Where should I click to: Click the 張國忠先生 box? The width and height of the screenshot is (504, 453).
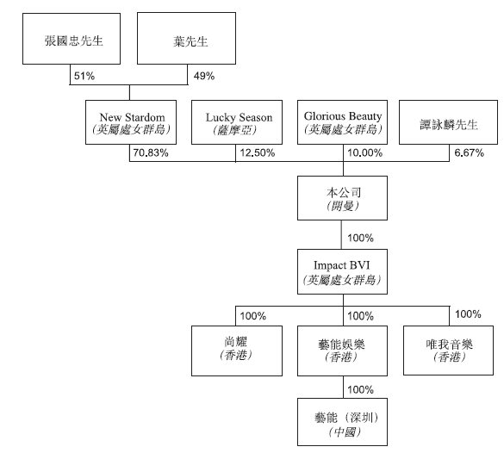coord(72,39)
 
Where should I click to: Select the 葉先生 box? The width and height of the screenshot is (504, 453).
coord(186,38)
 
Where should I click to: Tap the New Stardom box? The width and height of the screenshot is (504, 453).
coord(131,122)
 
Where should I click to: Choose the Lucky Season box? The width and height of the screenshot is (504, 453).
coord(237,122)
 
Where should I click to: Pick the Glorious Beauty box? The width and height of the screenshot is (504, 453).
coord(342,122)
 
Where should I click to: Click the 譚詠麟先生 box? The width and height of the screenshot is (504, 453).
coord(448,122)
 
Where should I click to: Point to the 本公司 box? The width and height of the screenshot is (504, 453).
coord(342,198)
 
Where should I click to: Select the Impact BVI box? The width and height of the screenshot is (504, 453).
coord(342,271)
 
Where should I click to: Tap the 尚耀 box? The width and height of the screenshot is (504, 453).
coord(237,351)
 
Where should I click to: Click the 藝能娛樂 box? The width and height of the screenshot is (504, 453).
coord(342,351)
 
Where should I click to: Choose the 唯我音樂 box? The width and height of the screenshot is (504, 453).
coord(448,351)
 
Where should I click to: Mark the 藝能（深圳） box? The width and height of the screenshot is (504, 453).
coord(342,422)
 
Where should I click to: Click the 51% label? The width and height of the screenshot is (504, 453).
coord(84,76)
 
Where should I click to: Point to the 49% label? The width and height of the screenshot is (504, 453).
coord(204,76)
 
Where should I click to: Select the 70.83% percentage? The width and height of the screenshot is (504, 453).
coord(151,153)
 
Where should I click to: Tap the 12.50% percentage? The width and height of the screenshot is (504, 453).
coord(257,153)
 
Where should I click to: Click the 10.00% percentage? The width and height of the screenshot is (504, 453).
coord(364,153)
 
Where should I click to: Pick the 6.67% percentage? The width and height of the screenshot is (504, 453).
coord(469,153)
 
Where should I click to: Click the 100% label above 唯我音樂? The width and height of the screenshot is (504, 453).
coord(468,313)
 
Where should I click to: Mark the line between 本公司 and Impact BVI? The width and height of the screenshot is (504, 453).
coord(341,234)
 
